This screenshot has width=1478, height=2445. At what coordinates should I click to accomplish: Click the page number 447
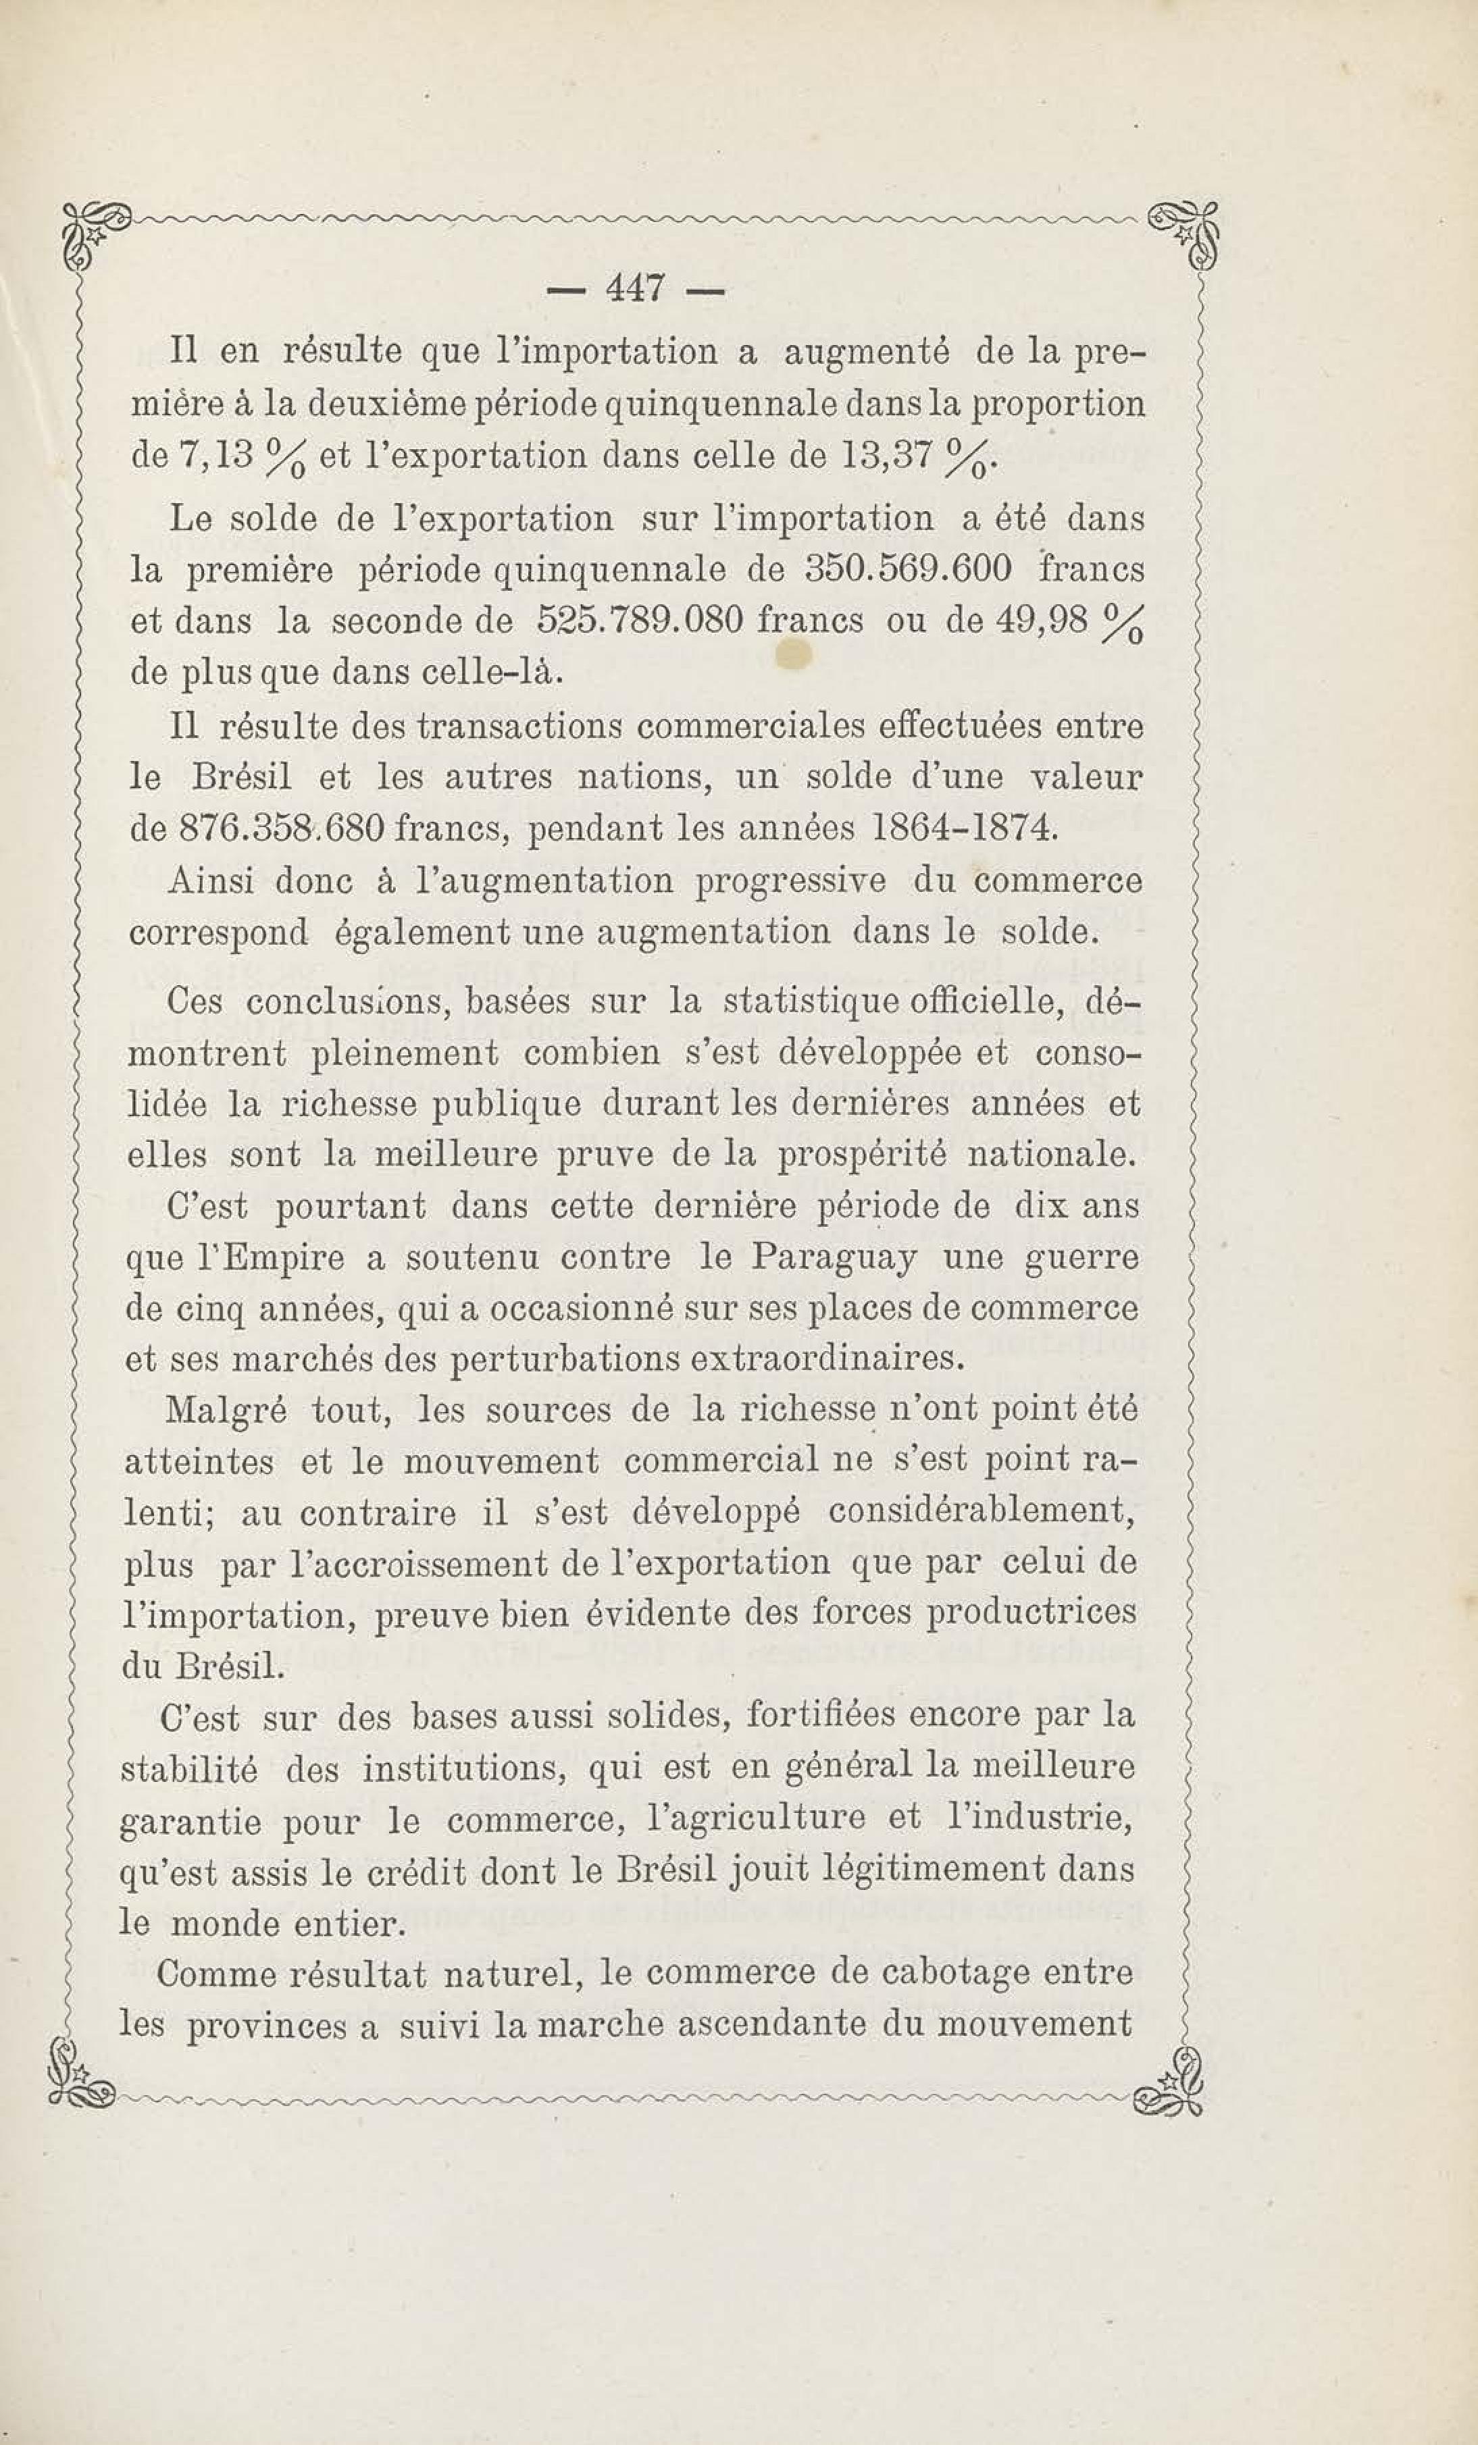(636, 290)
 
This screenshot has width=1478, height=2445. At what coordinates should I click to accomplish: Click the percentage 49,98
(1036, 621)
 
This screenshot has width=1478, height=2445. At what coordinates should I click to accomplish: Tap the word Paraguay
(834, 1257)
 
